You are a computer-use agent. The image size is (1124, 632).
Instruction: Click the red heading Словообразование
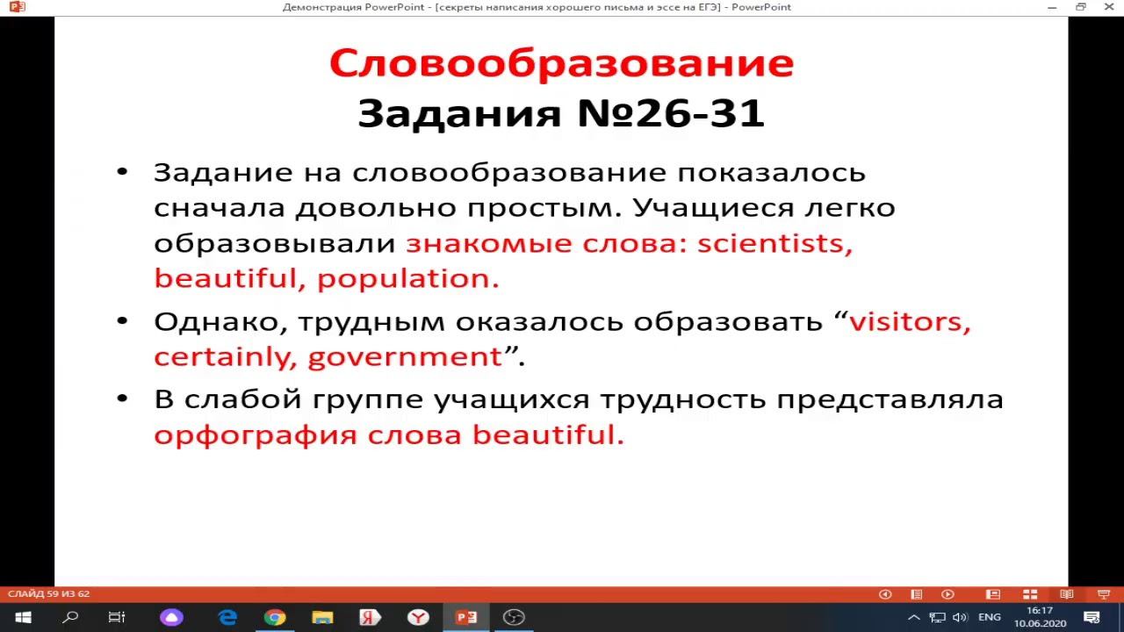pyautogui.click(x=561, y=63)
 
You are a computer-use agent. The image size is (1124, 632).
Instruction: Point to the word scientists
pyautogui.click(x=774, y=243)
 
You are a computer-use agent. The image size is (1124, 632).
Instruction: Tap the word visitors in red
pyautogui.click(x=909, y=321)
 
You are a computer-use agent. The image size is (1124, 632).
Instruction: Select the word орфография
pyautogui.click(x=255, y=435)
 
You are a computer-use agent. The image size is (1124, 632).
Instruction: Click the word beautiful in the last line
pyautogui.click(x=547, y=434)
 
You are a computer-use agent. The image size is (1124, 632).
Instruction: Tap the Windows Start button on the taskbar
pyautogui.click(x=23, y=617)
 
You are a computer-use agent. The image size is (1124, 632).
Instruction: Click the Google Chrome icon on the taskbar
pyautogui.click(x=275, y=617)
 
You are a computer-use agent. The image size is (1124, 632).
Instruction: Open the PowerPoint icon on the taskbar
pyautogui.click(x=466, y=617)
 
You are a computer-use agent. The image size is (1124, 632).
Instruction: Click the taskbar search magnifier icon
pyautogui.click(x=70, y=617)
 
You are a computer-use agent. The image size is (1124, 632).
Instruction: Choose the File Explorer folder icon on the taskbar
pyautogui.click(x=322, y=617)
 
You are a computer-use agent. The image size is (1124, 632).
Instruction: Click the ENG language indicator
pyautogui.click(x=989, y=617)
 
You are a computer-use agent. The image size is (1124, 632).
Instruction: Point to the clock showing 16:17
pyautogui.click(x=1040, y=611)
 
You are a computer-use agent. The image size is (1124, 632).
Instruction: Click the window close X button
pyautogui.click(x=1109, y=7)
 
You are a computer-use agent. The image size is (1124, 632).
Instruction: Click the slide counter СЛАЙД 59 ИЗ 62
pyautogui.click(x=48, y=594)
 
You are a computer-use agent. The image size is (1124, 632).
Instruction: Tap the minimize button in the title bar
pyautogui.click(x=1052, y=7)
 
